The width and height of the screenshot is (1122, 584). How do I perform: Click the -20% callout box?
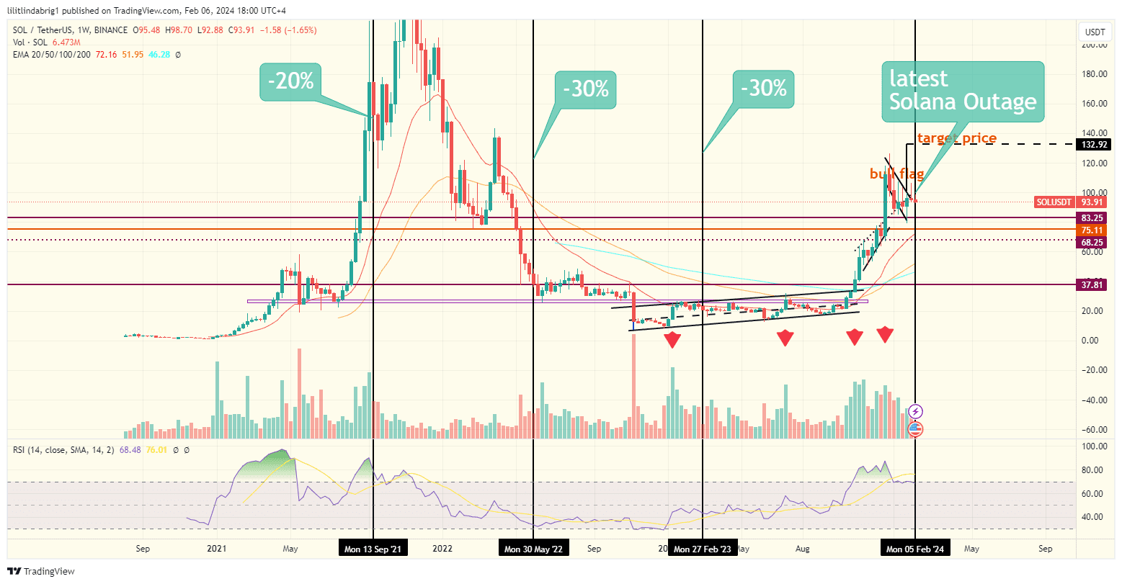[x=290, y=81]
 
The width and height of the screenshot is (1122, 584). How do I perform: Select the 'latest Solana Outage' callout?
[x=962, y=91]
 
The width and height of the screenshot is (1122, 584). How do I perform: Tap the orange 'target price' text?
[x=956, y=138]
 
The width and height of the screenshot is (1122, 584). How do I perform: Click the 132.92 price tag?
[x=1095, y=145]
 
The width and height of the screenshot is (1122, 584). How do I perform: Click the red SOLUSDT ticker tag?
[x=1054, y=202]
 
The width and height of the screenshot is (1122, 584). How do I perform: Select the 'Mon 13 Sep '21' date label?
[x=373, y=549]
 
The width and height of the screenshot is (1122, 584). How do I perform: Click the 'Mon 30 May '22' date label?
[x=533, y=549]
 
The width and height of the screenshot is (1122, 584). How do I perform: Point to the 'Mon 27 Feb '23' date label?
[x=702, y=549]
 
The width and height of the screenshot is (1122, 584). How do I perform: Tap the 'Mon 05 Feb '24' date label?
[x=914, y=549]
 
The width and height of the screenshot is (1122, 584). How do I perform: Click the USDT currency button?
[x=1095, y=32]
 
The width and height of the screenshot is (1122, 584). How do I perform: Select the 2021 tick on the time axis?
[x=216, y=549]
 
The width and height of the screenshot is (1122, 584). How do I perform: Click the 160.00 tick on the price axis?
[x=1095, y=104]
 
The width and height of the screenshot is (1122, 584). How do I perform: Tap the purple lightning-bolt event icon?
[x=915, y=411]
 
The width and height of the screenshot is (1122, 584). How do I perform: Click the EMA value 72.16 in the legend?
[x=106, y=54]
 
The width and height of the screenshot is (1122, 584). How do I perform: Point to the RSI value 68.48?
[x=130, y=450]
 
